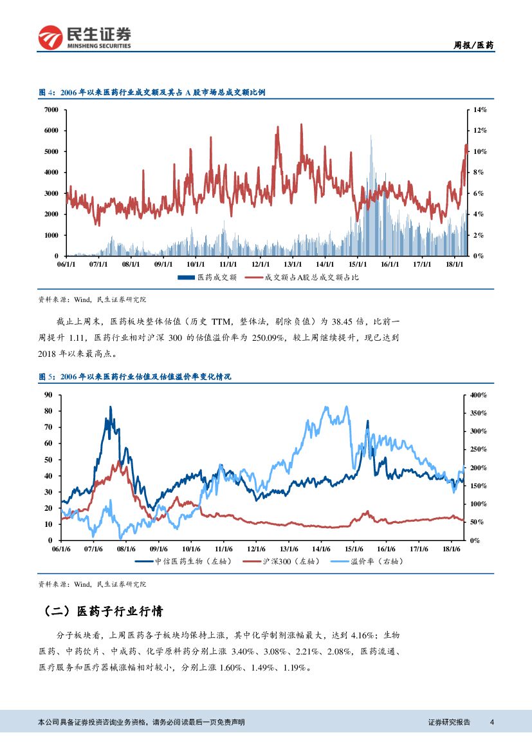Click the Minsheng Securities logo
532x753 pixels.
pos(85,38)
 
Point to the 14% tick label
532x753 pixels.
pos(480,110)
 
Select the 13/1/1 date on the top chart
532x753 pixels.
pos(293,264)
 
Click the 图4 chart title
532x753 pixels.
pos(152,93)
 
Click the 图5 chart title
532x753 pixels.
pos(134,377)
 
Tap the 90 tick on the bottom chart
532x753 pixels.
pos(48,395)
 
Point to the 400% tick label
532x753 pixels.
pos(479,395)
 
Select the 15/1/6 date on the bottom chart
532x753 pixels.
pos(353,549)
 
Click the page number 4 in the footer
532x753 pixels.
pos(491,722)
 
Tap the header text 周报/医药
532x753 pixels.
pos(473,45)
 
